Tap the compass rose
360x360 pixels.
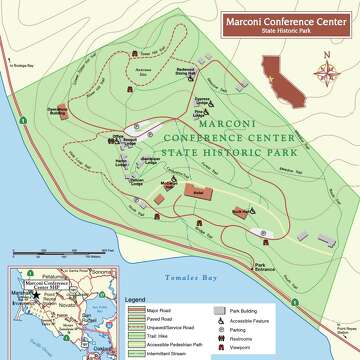tap(325, 72)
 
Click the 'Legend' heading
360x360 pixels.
tap(135, 299)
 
